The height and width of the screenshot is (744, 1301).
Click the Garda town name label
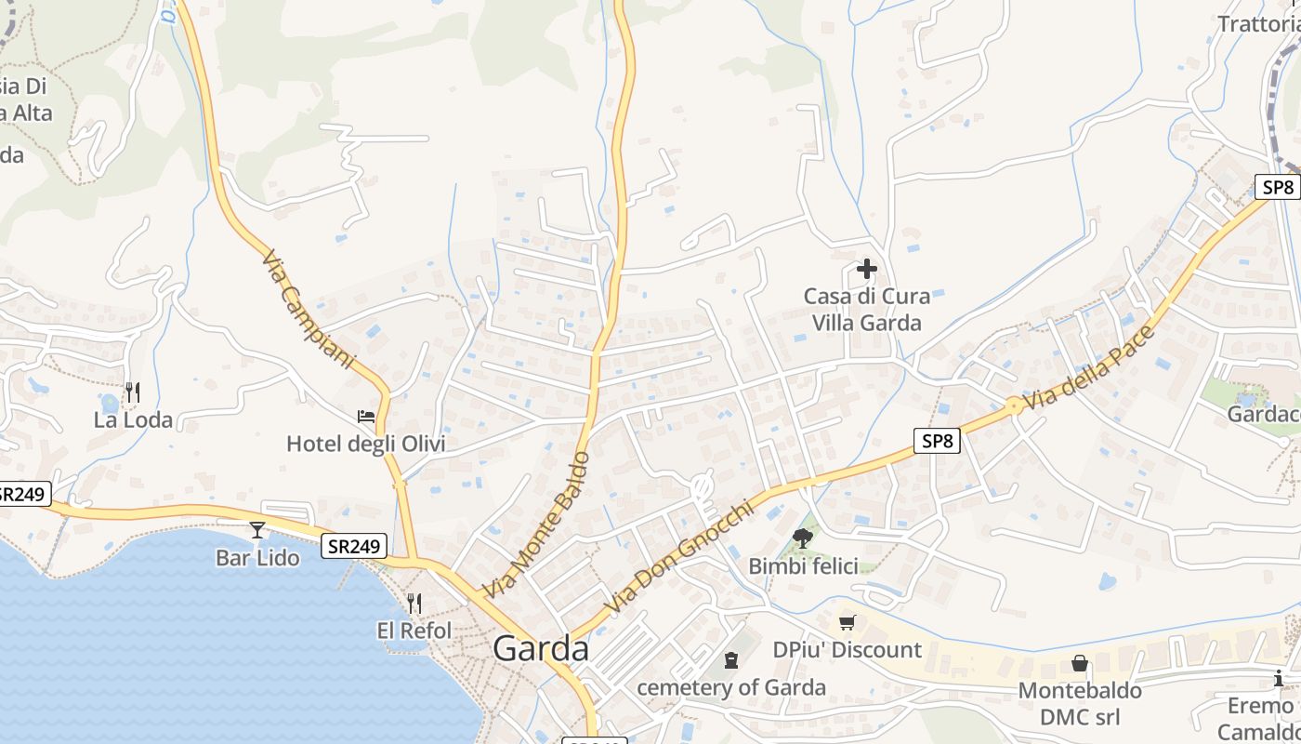coord(541,648)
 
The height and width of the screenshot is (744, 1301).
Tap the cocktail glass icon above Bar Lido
coord(257,530)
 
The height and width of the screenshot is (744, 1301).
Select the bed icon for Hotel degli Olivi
coord(366,416)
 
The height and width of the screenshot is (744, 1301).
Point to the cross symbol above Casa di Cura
coord(866,270)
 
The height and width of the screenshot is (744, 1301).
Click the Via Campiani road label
coord(309,309)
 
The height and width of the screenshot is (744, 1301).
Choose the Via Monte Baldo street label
coord(537,525)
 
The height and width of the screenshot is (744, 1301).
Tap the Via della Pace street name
coord(1088,368)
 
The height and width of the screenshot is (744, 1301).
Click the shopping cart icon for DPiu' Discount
coord(847,622)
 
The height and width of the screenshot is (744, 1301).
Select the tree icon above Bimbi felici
coord(802,538)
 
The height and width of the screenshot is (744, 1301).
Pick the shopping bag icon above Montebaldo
coord(1079,663)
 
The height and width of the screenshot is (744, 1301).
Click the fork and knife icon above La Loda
coord(133,392)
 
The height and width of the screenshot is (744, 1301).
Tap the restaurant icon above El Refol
coord(414,604)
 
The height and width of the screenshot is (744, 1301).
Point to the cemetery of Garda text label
coord(731,687)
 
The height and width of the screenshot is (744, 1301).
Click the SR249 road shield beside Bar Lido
coord(354,546)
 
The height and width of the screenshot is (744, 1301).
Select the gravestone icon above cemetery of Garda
coord(731,660)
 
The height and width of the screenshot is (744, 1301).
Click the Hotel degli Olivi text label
coord(365,444)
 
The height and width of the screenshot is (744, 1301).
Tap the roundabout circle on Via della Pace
coord(1013,406)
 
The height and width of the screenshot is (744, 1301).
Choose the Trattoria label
coord(1258,24)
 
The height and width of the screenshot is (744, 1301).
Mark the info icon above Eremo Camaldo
coord(1279,678)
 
